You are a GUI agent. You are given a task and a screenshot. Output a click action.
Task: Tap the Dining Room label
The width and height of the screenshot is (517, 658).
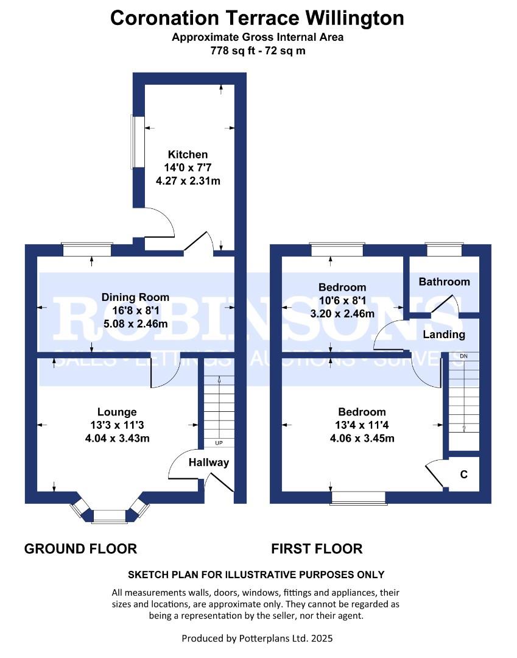(x=135, y=297)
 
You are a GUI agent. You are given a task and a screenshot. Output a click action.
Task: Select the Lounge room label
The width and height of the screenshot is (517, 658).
(x=117, y=412)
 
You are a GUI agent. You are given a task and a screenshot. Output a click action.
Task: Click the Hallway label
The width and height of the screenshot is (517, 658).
(x=208, y=462)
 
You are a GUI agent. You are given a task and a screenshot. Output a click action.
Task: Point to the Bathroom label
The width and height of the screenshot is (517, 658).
(x=444, y=281)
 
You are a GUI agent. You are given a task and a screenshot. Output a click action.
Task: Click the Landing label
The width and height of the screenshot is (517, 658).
(x=444, y=334)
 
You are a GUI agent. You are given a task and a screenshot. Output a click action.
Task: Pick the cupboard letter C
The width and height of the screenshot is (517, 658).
(x=463, y=475)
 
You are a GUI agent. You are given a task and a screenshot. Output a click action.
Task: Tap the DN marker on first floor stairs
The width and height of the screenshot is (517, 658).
(x=463, y=356)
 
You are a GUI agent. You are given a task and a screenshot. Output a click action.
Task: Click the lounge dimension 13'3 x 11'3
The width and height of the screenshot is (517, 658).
(x=117, y=425)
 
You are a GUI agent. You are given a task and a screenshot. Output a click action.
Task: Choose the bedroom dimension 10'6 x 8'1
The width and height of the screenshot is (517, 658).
(x=343, y=300)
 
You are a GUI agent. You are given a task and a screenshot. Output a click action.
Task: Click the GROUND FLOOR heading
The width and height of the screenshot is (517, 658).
(x=80, y=549)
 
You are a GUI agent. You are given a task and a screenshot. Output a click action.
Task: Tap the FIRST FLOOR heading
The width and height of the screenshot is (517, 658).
(x=317, y=549)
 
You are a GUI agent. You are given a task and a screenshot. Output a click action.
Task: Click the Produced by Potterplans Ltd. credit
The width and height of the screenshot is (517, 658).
(x=257, y=639)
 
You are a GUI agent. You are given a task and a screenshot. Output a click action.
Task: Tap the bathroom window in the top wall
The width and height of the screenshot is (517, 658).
(x=443, y=250)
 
